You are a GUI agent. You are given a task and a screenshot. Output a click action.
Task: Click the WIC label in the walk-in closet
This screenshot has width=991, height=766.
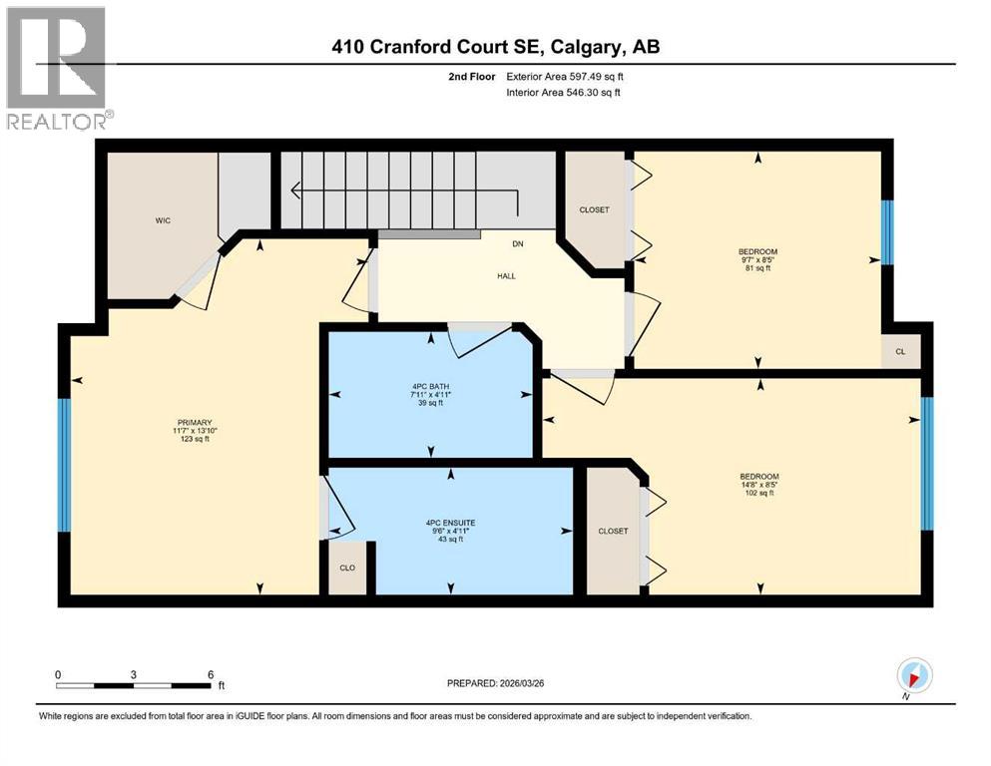click(164, 220)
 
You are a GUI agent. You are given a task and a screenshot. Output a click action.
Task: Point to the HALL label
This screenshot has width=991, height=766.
click(507, 276)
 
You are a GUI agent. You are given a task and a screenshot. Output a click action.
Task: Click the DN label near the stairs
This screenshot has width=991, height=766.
click(517, 243)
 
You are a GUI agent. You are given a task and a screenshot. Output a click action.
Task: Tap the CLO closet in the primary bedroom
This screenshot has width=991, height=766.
click(347, 568)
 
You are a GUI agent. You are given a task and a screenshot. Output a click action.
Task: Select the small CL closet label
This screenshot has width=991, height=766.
click(900, 352)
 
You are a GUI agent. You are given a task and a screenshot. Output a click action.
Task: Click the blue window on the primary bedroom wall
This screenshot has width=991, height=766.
click(65, 465)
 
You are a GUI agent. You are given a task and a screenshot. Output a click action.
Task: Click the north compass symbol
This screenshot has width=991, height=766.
click(914, 675)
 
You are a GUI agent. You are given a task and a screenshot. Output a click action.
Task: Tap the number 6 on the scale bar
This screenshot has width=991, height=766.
click(211, 673)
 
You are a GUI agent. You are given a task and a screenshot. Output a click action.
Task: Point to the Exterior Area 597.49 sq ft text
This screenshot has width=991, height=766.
click(565, 76)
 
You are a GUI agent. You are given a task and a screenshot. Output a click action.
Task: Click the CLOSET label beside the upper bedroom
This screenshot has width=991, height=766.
click(594, 209)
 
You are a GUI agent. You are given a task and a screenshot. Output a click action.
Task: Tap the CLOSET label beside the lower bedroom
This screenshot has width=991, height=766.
click(613, 531)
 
